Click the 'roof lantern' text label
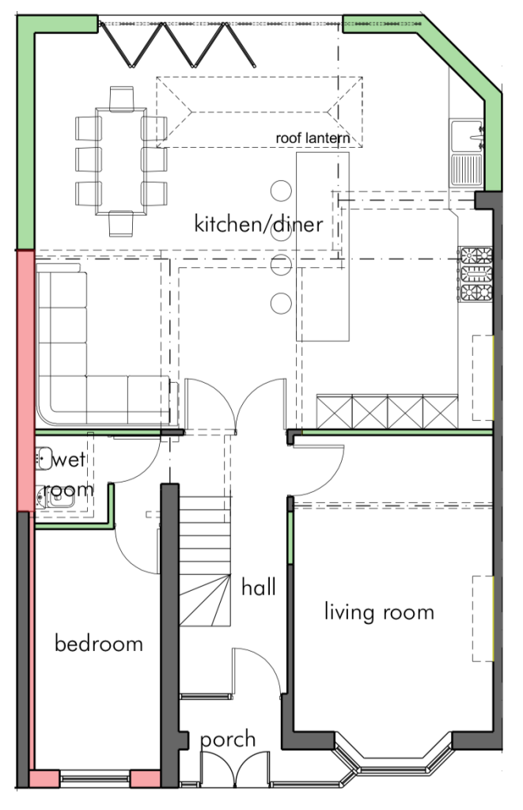tap(313, 138)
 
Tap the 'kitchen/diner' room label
tap(259, 224)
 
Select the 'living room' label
tap(379, 612)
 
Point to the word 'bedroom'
tap(98, 644)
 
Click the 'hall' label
tap(259, 587)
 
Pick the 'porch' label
tap(228, 740)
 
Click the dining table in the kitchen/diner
tap(121, 161)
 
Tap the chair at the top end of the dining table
tap(121, 98)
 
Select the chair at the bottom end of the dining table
tap(121, 224)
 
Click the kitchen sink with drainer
tap(467, 153)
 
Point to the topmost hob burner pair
tap(476, 255)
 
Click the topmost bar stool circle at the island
tap(281, 191)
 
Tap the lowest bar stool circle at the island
tap(281, 303)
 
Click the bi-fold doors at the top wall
tap(177, 44)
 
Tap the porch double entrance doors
tap(235, 770)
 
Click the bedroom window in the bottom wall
tap(95, 778)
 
